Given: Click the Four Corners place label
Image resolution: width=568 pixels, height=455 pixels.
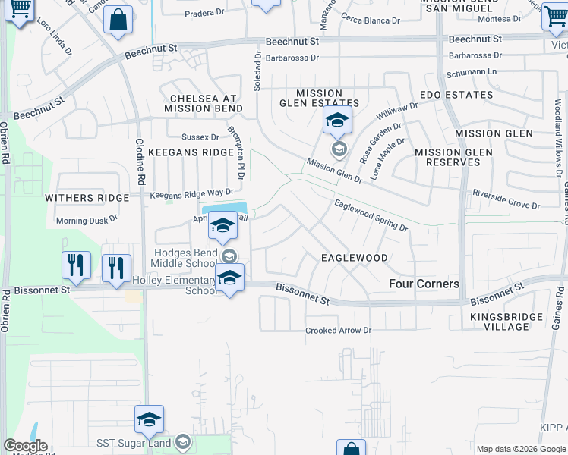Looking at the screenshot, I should [424, 284].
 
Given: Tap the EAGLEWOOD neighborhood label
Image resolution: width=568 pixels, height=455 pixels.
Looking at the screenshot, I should [354, 258].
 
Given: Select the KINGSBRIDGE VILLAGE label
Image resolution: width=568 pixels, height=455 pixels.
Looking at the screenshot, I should [506, 322].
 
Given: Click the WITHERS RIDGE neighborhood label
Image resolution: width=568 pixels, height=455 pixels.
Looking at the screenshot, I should [87, 198].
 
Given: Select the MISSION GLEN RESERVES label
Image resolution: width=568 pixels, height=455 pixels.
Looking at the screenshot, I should [453, 157].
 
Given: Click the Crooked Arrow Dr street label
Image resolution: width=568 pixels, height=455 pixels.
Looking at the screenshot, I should [338, 331].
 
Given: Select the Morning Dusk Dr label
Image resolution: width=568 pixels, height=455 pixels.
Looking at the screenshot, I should [87, 221].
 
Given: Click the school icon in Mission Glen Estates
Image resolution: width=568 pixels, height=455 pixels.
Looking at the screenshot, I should [337, 120].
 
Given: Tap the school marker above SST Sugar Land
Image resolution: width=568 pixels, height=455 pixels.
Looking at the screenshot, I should [150, 419].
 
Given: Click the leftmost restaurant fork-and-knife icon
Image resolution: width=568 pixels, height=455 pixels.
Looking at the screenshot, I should [76, 265].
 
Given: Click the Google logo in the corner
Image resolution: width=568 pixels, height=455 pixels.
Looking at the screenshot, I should [25, 446].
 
